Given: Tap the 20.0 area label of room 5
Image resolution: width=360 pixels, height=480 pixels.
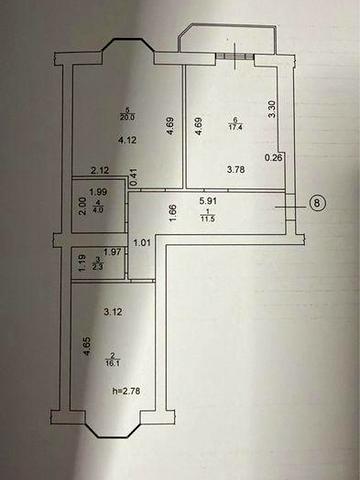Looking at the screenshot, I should tap(127, 117).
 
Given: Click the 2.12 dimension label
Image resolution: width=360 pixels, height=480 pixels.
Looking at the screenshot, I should tap(98, 170).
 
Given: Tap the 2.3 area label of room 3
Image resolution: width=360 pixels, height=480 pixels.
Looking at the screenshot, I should tap(97, 265).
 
